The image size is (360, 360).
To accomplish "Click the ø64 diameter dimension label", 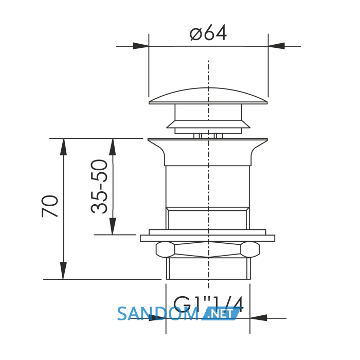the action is click(x=208, y=32).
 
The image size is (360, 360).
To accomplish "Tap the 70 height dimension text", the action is click(x=50, y=206).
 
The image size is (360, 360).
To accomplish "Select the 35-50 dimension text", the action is click(x=99, y=186).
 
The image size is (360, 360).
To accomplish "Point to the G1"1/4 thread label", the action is click(x=208, y=304).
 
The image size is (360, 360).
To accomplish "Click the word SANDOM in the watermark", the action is click(x=157, y=314).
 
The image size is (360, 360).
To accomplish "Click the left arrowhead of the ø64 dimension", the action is click(x=141, y=46).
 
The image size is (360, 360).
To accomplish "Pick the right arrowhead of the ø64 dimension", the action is click(x=277, y=46).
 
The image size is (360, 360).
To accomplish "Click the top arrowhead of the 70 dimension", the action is click(x=63, y=147).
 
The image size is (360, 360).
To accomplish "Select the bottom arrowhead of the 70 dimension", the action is click(x=63, y=271).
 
